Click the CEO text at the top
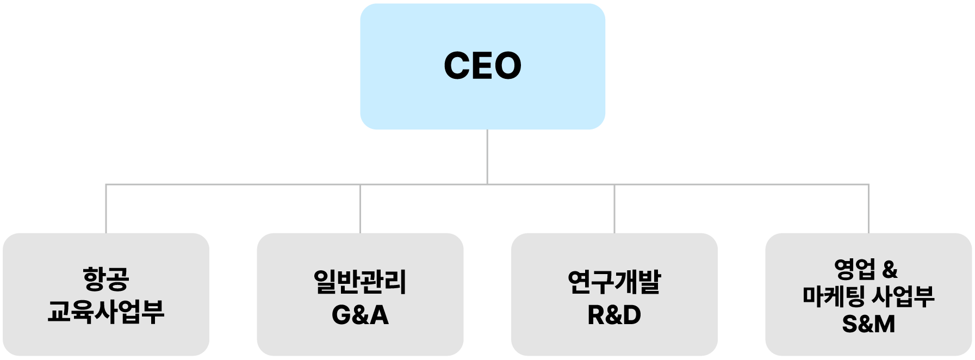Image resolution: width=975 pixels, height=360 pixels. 482,66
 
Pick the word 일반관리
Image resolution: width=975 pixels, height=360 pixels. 360,282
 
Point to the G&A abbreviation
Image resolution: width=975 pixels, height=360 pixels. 360,315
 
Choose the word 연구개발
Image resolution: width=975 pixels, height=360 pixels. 614,282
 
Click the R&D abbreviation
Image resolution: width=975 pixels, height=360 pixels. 614,315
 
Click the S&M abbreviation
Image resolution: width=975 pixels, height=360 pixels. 868,325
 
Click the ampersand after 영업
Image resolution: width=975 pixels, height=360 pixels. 890,270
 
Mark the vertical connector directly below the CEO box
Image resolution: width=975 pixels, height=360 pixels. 487,157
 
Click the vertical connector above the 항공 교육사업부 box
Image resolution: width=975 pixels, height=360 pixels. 106,209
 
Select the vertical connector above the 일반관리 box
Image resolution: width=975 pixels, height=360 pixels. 360,209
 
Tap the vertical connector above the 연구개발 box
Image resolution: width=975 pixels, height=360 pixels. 614,209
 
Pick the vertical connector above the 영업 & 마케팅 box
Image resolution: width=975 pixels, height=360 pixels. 868,209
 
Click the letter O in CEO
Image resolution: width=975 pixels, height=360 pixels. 508,66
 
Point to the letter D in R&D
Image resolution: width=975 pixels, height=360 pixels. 631,315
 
